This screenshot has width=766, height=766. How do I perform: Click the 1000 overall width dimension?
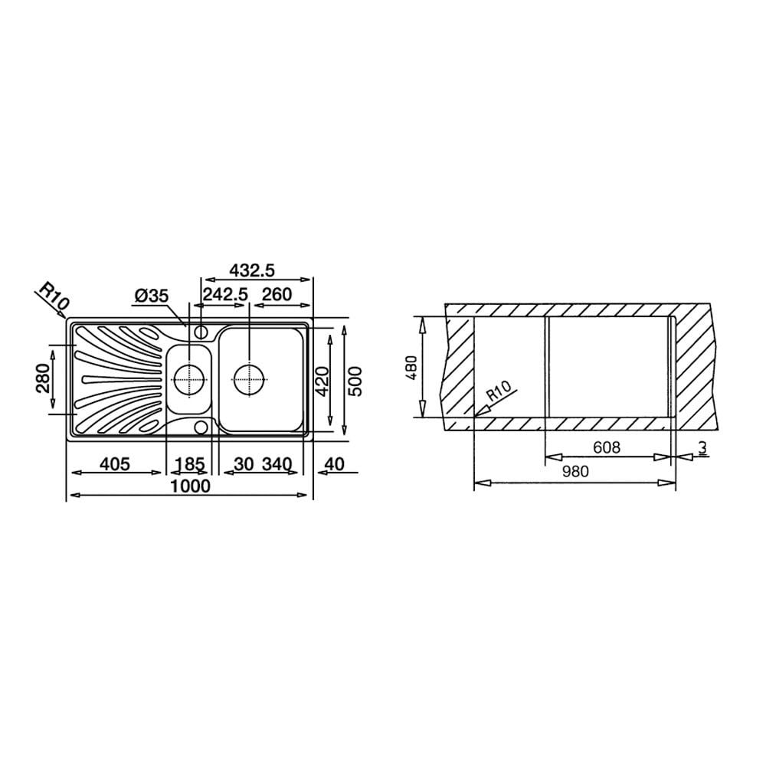tap(191, 486)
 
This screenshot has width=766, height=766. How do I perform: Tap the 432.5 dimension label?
tap(252, 270)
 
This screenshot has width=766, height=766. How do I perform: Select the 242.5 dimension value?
tap(225, 295)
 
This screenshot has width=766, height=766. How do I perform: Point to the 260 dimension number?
tap(277, 295)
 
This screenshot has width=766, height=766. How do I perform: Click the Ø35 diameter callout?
tap(151, 296)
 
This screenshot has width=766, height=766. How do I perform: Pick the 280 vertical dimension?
tap(44, 378)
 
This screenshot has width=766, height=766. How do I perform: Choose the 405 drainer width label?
tap(115, 463)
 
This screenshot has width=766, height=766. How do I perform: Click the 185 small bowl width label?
tap(190, 463)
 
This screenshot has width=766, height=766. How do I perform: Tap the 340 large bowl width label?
tap(277, 463)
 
